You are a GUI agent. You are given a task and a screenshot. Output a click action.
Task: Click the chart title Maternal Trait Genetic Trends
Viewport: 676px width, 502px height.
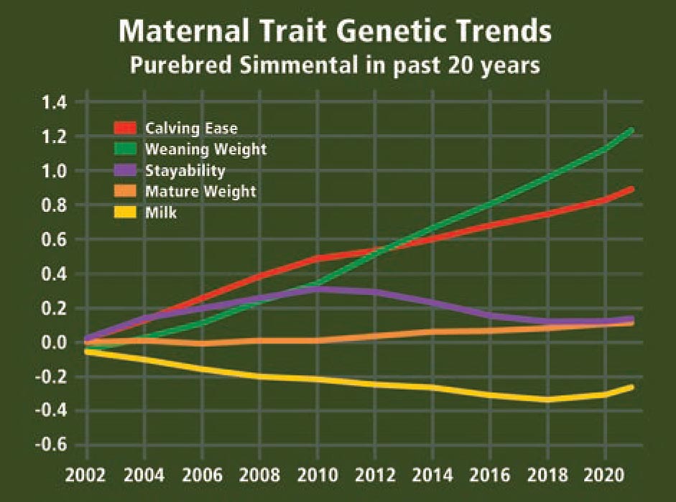click(335, 32)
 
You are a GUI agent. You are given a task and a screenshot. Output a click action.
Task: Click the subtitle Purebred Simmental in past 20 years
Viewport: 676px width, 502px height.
click(335, 66)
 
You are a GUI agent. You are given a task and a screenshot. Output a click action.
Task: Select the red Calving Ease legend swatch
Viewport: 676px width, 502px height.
click(126, 129)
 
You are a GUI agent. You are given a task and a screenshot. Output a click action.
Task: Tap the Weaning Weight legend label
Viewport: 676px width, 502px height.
click(205, 149)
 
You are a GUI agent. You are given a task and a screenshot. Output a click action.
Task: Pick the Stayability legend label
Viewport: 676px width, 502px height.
click(185, 170)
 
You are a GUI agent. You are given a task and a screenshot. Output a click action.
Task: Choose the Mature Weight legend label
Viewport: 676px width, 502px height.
click(200, 191)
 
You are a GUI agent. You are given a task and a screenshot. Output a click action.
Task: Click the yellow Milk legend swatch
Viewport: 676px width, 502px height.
click(126, 213)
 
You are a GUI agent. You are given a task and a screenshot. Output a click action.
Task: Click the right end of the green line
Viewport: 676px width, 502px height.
click(631, 131)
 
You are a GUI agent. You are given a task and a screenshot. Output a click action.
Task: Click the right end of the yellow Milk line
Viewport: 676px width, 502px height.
click(631, 388)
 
